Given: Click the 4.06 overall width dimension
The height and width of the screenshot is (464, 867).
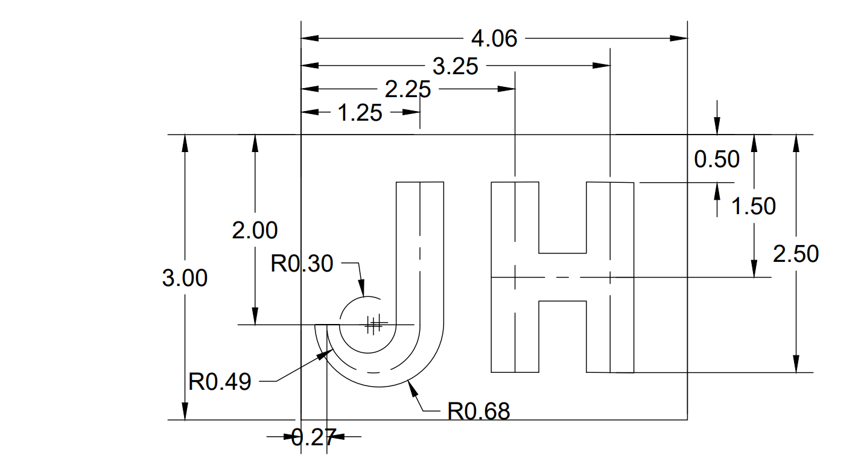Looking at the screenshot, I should point(494,39).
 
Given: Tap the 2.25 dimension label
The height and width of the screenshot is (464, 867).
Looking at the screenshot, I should point(407,90).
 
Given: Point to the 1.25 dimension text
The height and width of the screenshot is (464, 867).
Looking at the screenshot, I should point(360,113).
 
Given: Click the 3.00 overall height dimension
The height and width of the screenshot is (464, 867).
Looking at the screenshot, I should point(185,278).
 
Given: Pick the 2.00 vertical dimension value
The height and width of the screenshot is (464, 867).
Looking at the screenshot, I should point(255,230).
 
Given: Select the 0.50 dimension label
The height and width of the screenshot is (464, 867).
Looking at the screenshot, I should point(717,159).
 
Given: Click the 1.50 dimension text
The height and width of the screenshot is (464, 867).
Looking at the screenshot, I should point(753,206).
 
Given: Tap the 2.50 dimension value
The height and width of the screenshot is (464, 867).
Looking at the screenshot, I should point(796,254).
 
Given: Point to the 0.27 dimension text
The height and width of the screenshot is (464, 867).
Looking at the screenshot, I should point(313,437).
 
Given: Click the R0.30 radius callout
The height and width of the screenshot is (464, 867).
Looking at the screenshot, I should point(302,264).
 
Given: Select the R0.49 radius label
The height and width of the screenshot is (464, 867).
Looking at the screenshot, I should point(220,382).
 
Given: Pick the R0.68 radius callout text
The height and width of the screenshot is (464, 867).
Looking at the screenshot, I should point(478,412).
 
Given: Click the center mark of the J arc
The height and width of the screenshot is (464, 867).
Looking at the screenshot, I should point(374,325).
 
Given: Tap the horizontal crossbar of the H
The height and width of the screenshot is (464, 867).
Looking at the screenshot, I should point(562,277).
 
